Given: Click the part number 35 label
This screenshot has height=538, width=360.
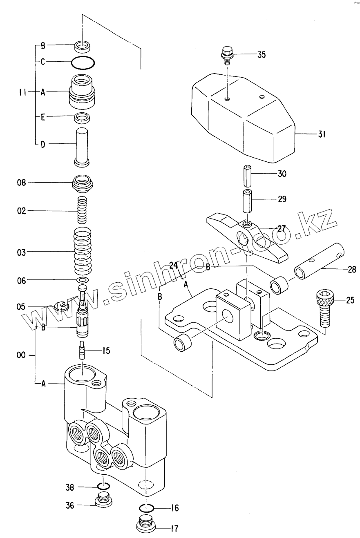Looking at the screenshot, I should [x=261, y=54].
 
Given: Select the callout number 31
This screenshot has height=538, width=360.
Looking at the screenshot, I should [x=321, y=134].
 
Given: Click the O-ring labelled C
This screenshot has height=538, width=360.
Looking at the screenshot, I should [x=83, y=63].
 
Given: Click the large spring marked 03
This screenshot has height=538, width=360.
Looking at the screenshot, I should [x=83, y=252].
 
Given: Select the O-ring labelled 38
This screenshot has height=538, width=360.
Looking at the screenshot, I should [x=104, y=487].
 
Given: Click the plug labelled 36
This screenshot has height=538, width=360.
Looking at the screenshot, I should [x=104, y=500].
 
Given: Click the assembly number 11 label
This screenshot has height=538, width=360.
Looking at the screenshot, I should [x=22, y=92].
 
